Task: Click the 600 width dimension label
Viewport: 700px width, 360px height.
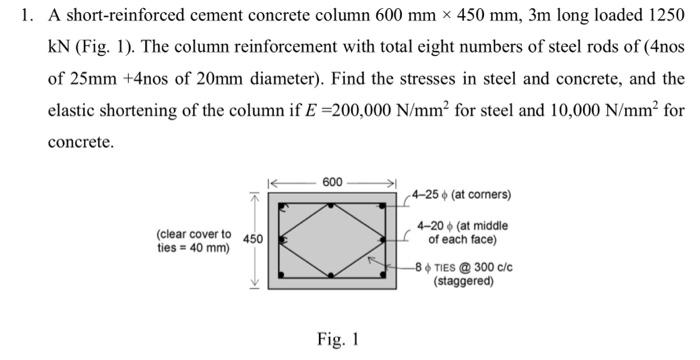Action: (x=333, y=182)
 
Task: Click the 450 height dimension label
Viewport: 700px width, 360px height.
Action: (x=253, y=240)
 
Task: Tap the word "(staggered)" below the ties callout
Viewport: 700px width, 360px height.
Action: (x=463, y=281)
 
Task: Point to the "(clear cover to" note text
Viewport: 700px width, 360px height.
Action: (x=194, y=234)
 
